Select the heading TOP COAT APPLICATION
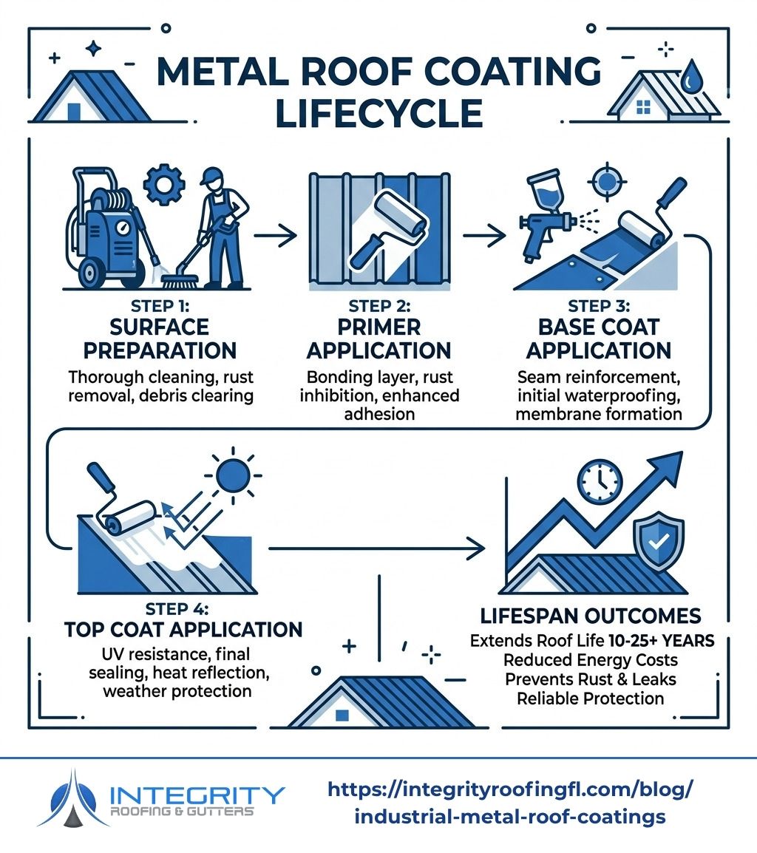[x=183, y=630]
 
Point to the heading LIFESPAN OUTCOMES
[x=591, y=616]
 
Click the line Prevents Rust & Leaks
[x=591, y=679]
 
